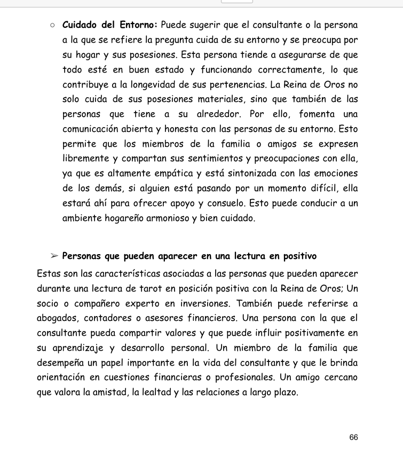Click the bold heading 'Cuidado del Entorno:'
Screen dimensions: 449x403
coord(109,25)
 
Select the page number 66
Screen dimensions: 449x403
coord(353,437)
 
